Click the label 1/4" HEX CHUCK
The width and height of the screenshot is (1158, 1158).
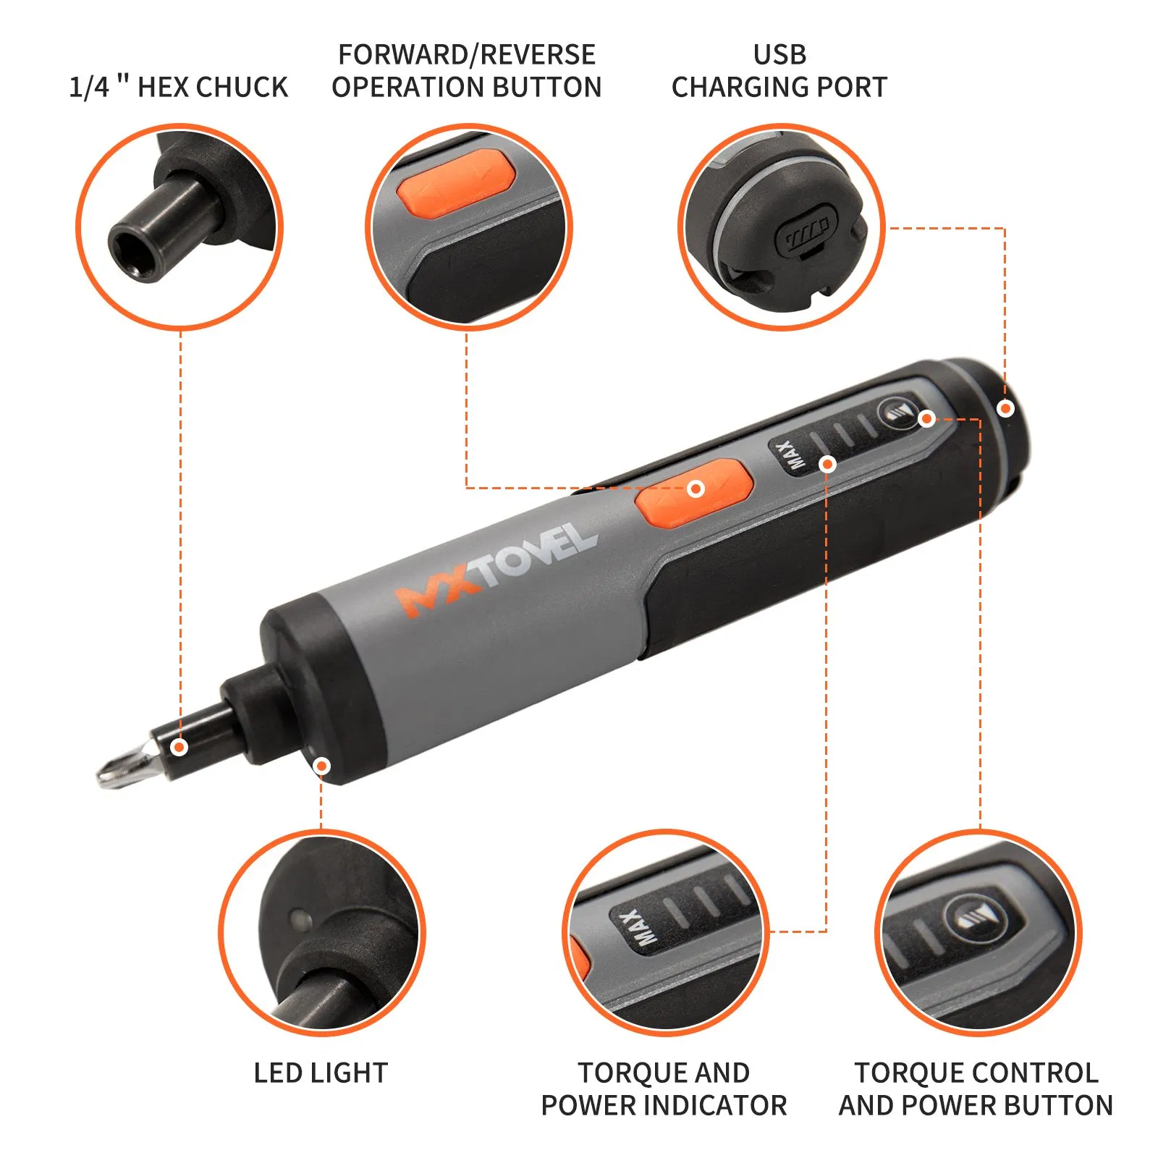click(x=178, y=87)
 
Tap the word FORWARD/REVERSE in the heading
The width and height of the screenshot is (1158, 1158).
click(x=467, y=55)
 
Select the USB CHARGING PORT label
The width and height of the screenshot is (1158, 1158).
click(x=779, y=72)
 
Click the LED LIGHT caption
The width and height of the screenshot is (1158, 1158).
click(x=321, y=1073)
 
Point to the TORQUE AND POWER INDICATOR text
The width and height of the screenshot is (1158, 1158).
click(x=664, y=1089)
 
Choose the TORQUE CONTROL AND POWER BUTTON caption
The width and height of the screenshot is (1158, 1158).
click(x=976, y=1089)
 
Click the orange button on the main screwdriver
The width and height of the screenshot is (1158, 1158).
click(x=693, y=492)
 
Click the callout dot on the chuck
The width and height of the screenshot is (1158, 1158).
click(x=179, y=747)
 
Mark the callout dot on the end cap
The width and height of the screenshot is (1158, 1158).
click(x=1005, y=409)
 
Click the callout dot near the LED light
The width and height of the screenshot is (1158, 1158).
click(x=322, y=766)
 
